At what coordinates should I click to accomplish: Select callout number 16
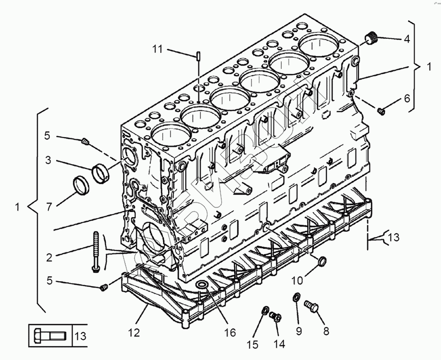(230, 333)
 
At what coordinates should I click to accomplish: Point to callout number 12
(134, 333)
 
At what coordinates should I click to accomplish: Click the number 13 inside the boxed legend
(80, 336)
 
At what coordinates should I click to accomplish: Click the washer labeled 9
(297, 298)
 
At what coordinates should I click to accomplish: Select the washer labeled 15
(265, 311)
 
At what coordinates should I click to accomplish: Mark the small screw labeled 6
(382, 111)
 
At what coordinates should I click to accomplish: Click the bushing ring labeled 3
(100, 172)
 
